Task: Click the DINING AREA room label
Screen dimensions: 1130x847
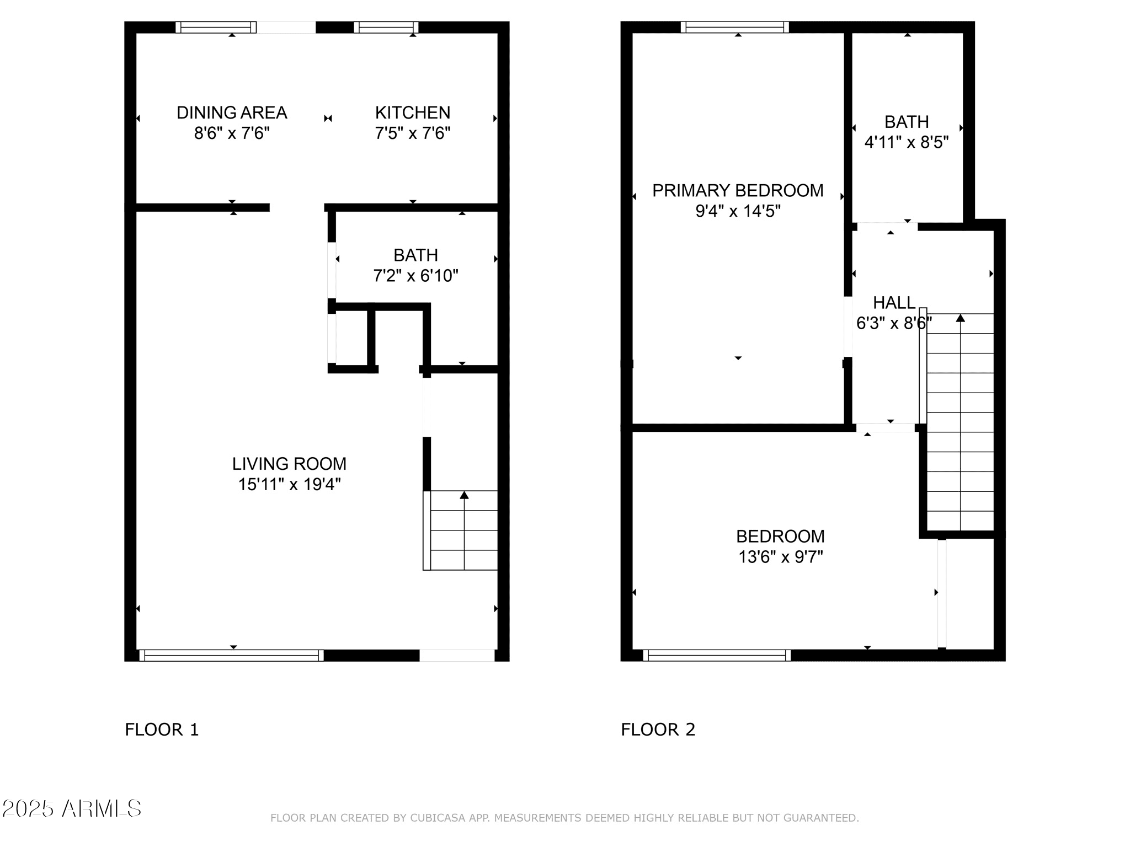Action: tap(232, 112)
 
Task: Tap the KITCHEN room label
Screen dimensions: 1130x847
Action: tap(413, 112)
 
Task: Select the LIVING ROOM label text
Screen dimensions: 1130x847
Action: tap(289, 464)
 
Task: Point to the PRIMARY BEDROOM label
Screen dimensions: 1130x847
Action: tap(738, 190)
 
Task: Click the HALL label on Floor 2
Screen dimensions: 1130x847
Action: tap(894, 302)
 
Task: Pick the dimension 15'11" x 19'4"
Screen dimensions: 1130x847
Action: tap(289, 484)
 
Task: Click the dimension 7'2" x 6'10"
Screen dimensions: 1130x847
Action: tap(415, 275)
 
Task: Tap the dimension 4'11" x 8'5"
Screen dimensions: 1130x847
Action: tap(907, 142)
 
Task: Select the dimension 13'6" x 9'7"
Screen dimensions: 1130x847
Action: tap(780, 557)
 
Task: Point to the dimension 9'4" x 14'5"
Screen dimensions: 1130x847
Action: tap(738, 211)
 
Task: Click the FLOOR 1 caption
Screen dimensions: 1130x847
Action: tap(162, 730)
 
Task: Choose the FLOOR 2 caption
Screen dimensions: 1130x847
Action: tap(658, 730)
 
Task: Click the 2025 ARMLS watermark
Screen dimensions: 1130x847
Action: tap(72, 809)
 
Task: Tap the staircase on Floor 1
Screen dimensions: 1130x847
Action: tap(461, 530)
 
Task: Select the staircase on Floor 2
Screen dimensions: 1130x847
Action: tap(957, 421)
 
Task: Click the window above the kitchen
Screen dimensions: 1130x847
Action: tap(386, 28)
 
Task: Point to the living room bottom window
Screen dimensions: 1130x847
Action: tap(231, 655)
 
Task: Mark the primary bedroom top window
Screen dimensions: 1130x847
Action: tap(735, 28)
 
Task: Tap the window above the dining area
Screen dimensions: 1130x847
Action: tap(216, 28)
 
